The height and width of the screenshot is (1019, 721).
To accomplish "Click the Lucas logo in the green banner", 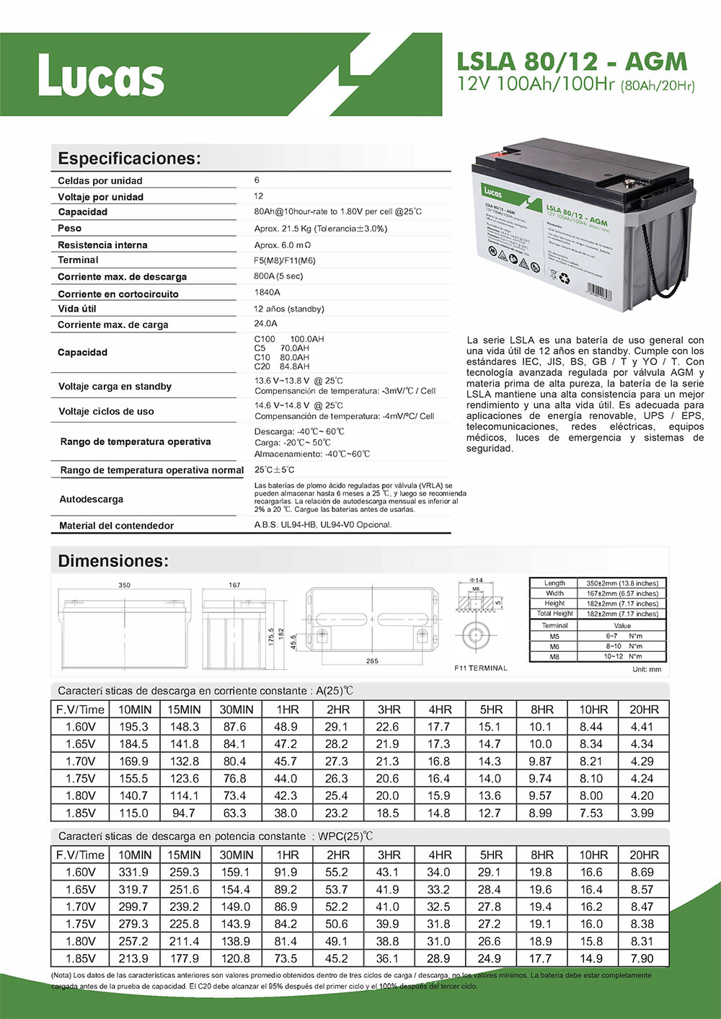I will coord(101,76).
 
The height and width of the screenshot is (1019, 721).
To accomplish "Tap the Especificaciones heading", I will coord(129,159).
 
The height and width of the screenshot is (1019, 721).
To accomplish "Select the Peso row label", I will coord(70,228).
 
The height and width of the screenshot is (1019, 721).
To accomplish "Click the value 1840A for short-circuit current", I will coord(267,292).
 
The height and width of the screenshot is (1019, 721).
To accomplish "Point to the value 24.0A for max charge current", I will coord(266,324).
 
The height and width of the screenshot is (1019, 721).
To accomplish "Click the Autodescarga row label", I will coord(91,499).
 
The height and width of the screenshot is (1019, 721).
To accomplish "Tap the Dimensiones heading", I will coord(113,561).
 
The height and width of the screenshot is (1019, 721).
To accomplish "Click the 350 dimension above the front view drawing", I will coord(124,585).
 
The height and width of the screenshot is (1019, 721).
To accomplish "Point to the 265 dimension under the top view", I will coord(372,661).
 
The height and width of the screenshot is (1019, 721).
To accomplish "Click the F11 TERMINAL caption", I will coord(481,668).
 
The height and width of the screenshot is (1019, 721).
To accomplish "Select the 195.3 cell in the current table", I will coord(133,727).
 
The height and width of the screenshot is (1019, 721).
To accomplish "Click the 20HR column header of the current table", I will coord(644,710).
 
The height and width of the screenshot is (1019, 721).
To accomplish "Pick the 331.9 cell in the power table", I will coord(133,872).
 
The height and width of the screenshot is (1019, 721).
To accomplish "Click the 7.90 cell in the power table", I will coord(642,958).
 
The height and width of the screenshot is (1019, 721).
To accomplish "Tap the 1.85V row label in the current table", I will coord(80,813).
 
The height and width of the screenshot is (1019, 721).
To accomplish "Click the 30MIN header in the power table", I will coord(236,855).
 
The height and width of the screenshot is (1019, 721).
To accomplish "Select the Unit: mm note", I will coord(647,669).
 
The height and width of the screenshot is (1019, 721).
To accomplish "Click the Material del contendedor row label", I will coord(116,526).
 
